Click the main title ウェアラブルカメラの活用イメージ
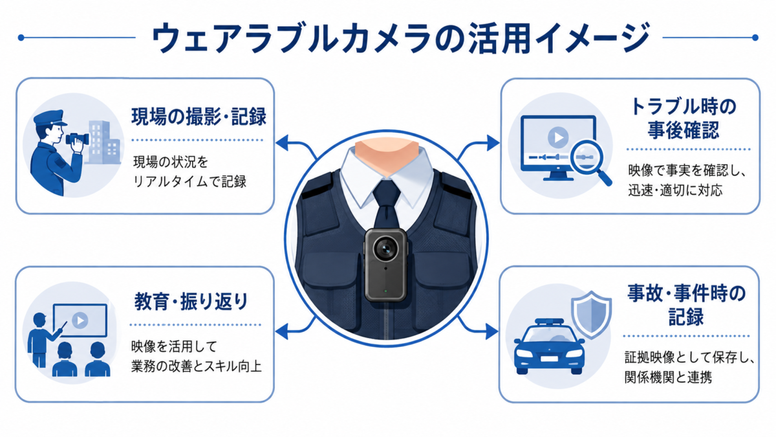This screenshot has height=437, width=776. (x=400, y=38)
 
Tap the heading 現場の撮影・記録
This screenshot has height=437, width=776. (x=199, y=117)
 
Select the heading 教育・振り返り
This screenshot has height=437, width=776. (x=191, y=302)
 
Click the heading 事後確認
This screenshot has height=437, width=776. (x=684, y=130)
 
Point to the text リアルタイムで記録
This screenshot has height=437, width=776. (x=190, y=181)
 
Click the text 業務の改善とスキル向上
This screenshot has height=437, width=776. (x=196, y=366)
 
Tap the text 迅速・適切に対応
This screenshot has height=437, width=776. (x=675, y=190)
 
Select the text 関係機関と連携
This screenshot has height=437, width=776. (x=668, y=377)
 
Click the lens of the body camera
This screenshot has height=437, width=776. (x=385, y=249)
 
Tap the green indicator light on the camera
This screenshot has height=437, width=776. (x=385, y=291)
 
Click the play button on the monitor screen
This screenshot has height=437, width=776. (x=558, y=137)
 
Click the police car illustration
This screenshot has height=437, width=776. (x=549, y=346)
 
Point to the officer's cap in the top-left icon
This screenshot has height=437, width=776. (x=50, y=118)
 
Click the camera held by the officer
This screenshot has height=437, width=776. (x=77, y=139)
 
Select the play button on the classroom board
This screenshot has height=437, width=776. (x=80, y=320)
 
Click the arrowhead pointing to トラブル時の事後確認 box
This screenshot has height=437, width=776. (x=493, y=143)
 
